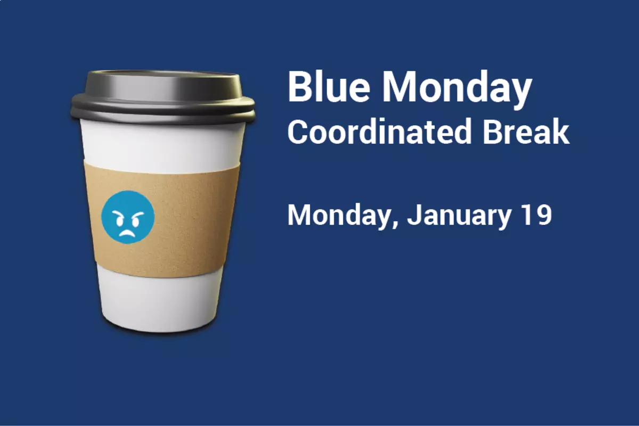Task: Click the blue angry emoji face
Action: [128, 217]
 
